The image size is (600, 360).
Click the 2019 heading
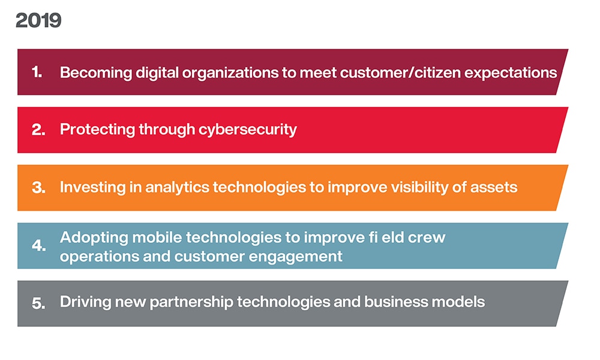[x=38, y=20]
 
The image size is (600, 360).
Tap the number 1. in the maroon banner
[x=37, y=72]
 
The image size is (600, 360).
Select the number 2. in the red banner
[x=38, y=130]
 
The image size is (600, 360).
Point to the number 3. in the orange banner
[x=38, y=188]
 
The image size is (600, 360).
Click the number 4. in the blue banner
[x=38, y=245]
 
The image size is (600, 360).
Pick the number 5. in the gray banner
[x=38, y=304]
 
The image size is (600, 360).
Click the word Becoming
[x=95, y=73]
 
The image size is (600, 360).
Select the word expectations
[x=511, y=73]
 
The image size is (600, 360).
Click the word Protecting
[x=97, y=130]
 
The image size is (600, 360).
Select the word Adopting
[x=94, y=238]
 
